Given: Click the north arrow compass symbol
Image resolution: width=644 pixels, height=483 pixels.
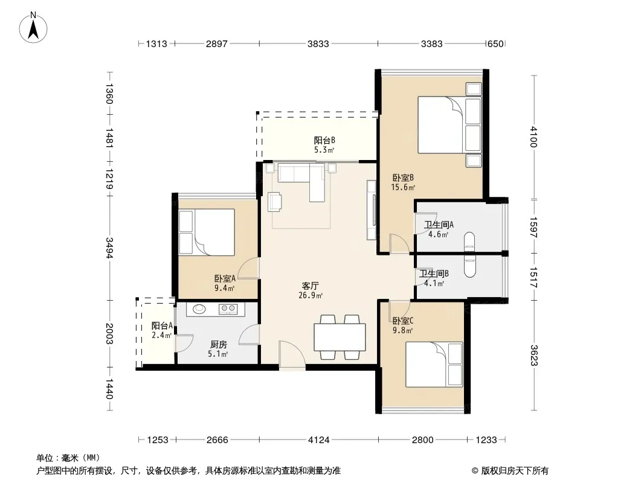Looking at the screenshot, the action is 33,28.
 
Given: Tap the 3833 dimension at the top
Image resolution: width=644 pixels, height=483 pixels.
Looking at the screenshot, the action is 318,43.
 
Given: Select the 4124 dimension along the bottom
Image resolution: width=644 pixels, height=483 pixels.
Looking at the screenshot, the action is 319,440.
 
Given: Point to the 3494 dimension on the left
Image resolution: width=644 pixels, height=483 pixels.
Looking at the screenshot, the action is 109,248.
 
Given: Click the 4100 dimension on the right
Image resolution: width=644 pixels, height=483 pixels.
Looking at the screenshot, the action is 533,136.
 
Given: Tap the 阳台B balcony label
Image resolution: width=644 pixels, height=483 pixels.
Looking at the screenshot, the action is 324,140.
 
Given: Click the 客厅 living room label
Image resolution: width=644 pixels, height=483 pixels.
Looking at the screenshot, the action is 311,286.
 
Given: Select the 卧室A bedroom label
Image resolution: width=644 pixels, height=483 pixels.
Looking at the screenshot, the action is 225,279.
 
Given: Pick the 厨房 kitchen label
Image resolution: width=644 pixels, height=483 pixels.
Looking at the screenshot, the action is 218,345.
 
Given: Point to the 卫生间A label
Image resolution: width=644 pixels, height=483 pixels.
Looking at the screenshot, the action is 439,225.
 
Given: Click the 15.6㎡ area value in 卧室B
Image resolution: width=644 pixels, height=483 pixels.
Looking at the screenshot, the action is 403,188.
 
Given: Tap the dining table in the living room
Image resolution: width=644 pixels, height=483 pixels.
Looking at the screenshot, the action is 340,337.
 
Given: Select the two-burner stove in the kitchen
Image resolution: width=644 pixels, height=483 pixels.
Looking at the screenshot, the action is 228,309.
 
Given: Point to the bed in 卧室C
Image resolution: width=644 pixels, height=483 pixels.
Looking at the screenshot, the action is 434,365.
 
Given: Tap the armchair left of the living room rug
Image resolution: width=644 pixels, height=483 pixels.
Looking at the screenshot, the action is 274,202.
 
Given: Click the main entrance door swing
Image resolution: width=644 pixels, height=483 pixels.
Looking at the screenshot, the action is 291,355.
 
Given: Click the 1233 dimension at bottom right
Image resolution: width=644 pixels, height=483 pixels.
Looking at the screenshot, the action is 486,440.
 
